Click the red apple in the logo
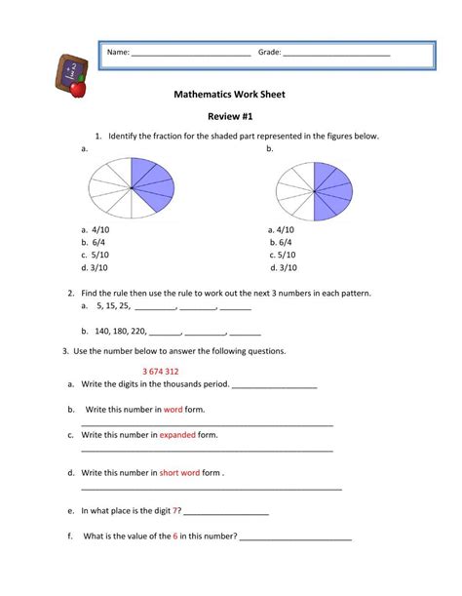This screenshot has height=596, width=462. point(79,89)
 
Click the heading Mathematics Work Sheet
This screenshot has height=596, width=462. point(229,96)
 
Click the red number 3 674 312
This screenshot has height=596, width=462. point(160,372)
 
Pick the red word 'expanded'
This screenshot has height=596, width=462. point(177,434)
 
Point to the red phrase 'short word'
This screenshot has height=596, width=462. point(179,472)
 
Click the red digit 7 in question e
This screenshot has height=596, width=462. point(176,510)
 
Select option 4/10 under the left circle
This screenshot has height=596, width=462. point(99,229)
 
